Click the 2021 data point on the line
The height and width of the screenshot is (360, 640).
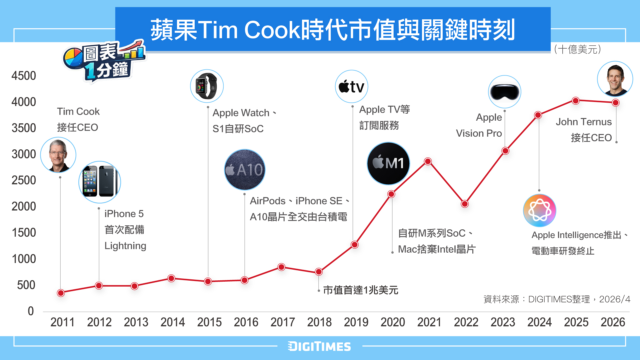(428, 162)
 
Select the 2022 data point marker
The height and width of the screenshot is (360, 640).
(465, 204)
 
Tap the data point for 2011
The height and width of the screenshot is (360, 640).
(61, 293)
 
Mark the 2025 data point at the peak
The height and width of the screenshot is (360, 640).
(576, 101)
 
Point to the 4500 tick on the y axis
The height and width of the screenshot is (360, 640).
(24, 76)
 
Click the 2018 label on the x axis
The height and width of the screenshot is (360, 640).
(319, 322)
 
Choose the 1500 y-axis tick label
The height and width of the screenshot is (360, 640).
(24, 233)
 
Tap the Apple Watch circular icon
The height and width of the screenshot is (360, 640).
(207, 86)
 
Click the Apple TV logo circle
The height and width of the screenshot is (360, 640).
(351, 86)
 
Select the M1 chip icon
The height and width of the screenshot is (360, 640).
(388, 163)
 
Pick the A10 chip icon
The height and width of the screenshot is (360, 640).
(245, 170)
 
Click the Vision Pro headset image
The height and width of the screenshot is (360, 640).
(504, 92)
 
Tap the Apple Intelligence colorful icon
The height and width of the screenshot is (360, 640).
(540, 210)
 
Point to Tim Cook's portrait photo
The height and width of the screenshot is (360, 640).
(58, 155)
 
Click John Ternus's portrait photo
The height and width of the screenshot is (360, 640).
(615, 79)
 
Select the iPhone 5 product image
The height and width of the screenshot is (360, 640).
(100, 182)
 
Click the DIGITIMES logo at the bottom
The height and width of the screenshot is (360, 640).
(319, 347)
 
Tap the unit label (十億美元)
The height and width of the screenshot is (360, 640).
(577, 50)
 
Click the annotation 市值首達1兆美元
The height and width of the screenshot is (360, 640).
(360, 290)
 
